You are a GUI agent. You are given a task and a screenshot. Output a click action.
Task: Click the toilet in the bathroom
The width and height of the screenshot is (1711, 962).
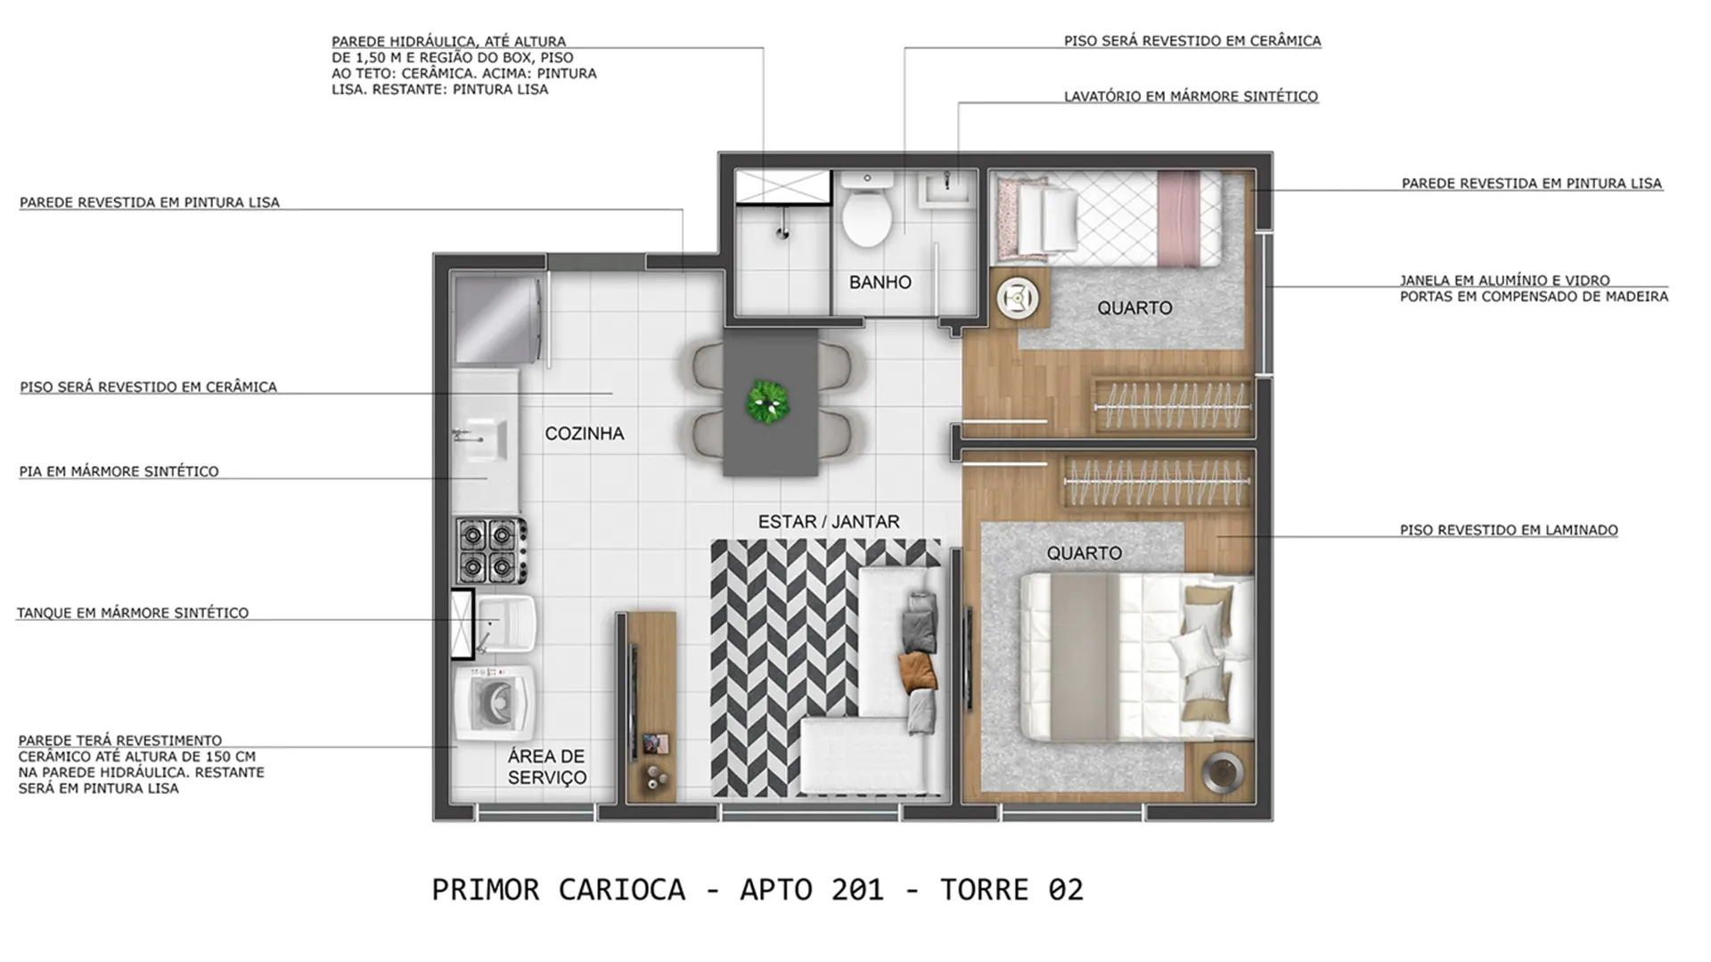[x=867, y=210]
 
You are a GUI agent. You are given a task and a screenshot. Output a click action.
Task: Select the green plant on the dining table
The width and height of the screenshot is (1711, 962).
[x=768, y=403]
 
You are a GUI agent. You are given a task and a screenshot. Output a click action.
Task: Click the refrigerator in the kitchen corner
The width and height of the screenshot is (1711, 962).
[x=499, y=320]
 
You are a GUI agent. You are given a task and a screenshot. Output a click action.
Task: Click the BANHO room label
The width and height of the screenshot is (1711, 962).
[x=880, y=282]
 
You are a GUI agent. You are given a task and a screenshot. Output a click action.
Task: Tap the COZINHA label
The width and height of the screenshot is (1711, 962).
[x=585, y=434]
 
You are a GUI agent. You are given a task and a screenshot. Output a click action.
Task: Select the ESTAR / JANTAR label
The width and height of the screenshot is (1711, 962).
[x=829, y=522]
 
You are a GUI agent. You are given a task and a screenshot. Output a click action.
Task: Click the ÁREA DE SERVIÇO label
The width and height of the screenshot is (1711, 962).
[x=547, y=767]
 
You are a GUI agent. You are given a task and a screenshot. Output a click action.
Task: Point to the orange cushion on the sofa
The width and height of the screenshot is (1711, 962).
[x=918, y=673]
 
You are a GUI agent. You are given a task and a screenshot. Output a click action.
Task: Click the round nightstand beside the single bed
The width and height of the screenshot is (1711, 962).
[x=1018, y=298]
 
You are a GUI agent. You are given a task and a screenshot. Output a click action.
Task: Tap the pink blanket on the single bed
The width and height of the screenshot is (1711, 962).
[x=1178, y=218]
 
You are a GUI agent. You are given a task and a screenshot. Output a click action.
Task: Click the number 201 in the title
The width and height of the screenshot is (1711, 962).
[x=857, y=890]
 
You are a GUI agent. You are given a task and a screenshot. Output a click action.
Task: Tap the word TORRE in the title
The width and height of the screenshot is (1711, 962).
[x=984, y=890]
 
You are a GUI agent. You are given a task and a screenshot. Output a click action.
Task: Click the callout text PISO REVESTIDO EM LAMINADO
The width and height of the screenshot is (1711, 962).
[x=1509, y=530]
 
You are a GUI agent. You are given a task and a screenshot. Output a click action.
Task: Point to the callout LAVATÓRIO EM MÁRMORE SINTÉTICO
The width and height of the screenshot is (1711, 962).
[x=1191, y=96]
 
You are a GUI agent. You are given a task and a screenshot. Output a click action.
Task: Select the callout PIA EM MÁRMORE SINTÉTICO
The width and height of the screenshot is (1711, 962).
[x=119, y=471]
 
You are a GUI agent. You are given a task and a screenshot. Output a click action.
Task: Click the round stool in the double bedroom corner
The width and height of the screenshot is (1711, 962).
[x=1222, y=771]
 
